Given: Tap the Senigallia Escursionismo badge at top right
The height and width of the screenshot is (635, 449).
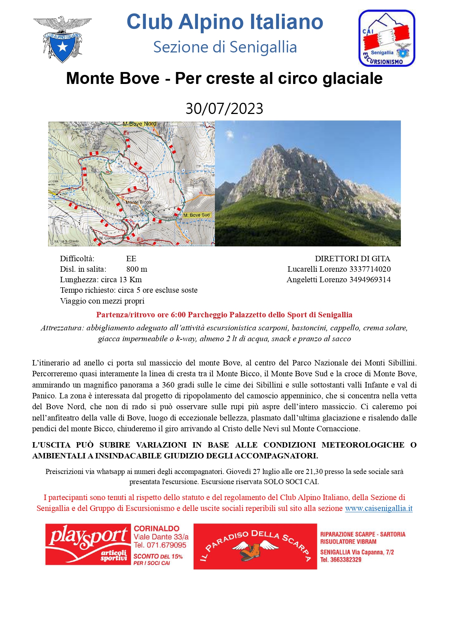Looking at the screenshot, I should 386,38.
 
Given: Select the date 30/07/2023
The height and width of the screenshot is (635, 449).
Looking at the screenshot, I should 224,109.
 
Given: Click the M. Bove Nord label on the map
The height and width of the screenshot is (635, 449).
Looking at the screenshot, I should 139,124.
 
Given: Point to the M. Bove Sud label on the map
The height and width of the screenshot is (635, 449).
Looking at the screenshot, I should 196,215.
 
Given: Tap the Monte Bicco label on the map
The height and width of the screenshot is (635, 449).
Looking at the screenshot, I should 138,202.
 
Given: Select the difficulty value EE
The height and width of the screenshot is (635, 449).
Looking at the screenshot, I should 131,259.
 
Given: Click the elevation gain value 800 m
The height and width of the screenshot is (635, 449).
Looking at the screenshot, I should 137,269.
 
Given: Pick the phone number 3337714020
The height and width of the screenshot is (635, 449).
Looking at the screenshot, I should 370,269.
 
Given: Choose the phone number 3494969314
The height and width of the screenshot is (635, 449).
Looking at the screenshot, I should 370,280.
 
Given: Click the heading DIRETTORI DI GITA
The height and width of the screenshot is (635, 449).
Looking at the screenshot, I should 352,259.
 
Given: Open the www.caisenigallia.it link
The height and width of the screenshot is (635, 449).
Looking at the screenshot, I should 378,508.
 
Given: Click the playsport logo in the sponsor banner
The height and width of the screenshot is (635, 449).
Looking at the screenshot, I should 88,544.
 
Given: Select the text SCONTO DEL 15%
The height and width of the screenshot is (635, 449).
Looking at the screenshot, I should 158,556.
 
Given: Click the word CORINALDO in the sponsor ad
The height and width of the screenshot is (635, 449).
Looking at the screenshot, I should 157,529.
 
